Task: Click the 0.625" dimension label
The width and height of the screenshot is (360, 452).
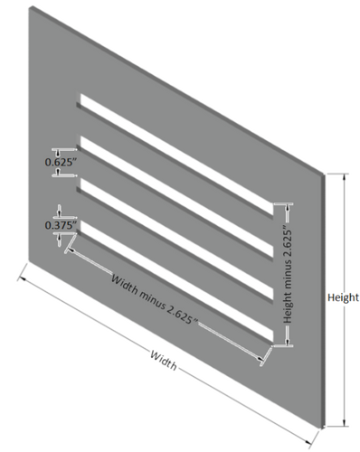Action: point(59,163)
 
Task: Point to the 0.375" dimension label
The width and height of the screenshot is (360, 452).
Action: point(59,224)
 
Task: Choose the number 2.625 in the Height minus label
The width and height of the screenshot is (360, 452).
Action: point(287,240)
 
